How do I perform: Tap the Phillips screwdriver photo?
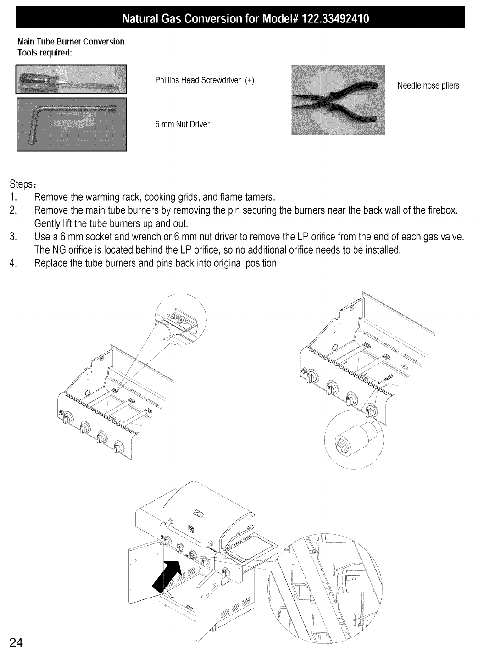point(71,79)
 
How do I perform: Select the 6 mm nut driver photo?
point(72,124)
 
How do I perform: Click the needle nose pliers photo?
point(338,100)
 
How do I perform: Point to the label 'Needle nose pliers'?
point(428,86)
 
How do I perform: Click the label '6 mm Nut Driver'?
point(182,124)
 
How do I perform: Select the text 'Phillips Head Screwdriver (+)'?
point(205,80)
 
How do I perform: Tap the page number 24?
point(16,643)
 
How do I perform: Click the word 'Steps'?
point(21,184)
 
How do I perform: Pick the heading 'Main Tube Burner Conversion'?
point(71,41)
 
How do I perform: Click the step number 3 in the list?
point(12,237)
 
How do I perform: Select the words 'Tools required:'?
point(45,53)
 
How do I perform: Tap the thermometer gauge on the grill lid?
point(199,514)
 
